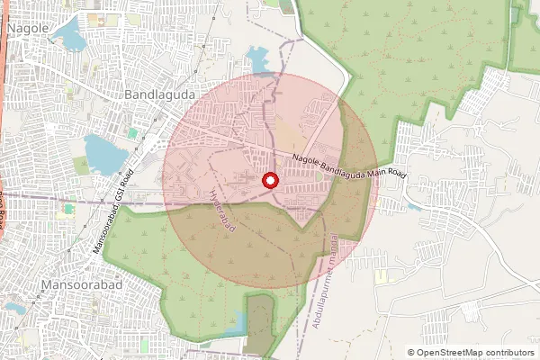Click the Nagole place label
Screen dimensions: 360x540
coord(27,29)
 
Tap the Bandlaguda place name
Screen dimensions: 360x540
coord(159,94)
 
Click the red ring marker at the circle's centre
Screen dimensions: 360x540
coord(270,181)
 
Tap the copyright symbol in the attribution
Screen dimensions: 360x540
coord(411,352)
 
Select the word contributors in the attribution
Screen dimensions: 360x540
coord(511,352)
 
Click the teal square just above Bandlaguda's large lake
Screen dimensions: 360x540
coord(132,133)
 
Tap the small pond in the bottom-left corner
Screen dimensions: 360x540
coord(13,307)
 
